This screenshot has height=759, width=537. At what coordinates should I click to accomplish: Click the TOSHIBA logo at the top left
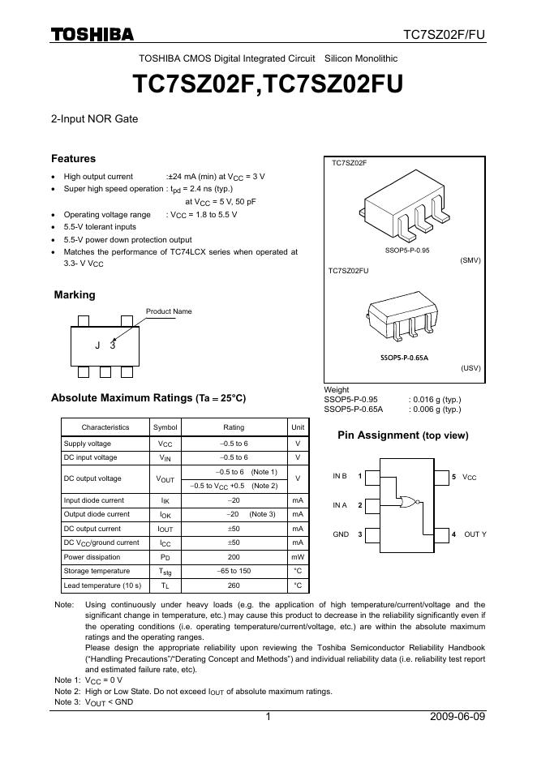(92, 33)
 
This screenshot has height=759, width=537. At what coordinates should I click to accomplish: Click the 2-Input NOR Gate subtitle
(94, 118)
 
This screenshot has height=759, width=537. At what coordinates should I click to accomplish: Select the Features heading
(73, 159)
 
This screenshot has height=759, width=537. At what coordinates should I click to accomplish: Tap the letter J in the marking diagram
(97, 345)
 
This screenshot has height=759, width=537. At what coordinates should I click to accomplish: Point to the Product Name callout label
(169, 311)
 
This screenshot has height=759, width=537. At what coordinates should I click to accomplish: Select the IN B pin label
(340, 476)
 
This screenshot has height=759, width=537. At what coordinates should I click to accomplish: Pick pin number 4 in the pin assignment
(453, 534)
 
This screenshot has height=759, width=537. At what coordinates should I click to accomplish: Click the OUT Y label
(475, 534)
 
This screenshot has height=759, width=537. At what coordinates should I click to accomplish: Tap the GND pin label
(341, 534)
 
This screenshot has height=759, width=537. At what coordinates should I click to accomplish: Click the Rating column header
(234, 427)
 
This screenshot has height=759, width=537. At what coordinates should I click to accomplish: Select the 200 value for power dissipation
(234, 557)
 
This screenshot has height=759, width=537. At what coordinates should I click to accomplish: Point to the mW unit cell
(298, 557)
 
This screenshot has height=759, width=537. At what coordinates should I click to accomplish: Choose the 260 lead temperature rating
(234, 585)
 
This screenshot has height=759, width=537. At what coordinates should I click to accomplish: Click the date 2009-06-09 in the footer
(458, 717)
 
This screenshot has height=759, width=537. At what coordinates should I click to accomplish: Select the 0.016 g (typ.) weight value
(435, 400)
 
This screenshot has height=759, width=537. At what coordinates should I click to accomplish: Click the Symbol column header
(165, 427)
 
